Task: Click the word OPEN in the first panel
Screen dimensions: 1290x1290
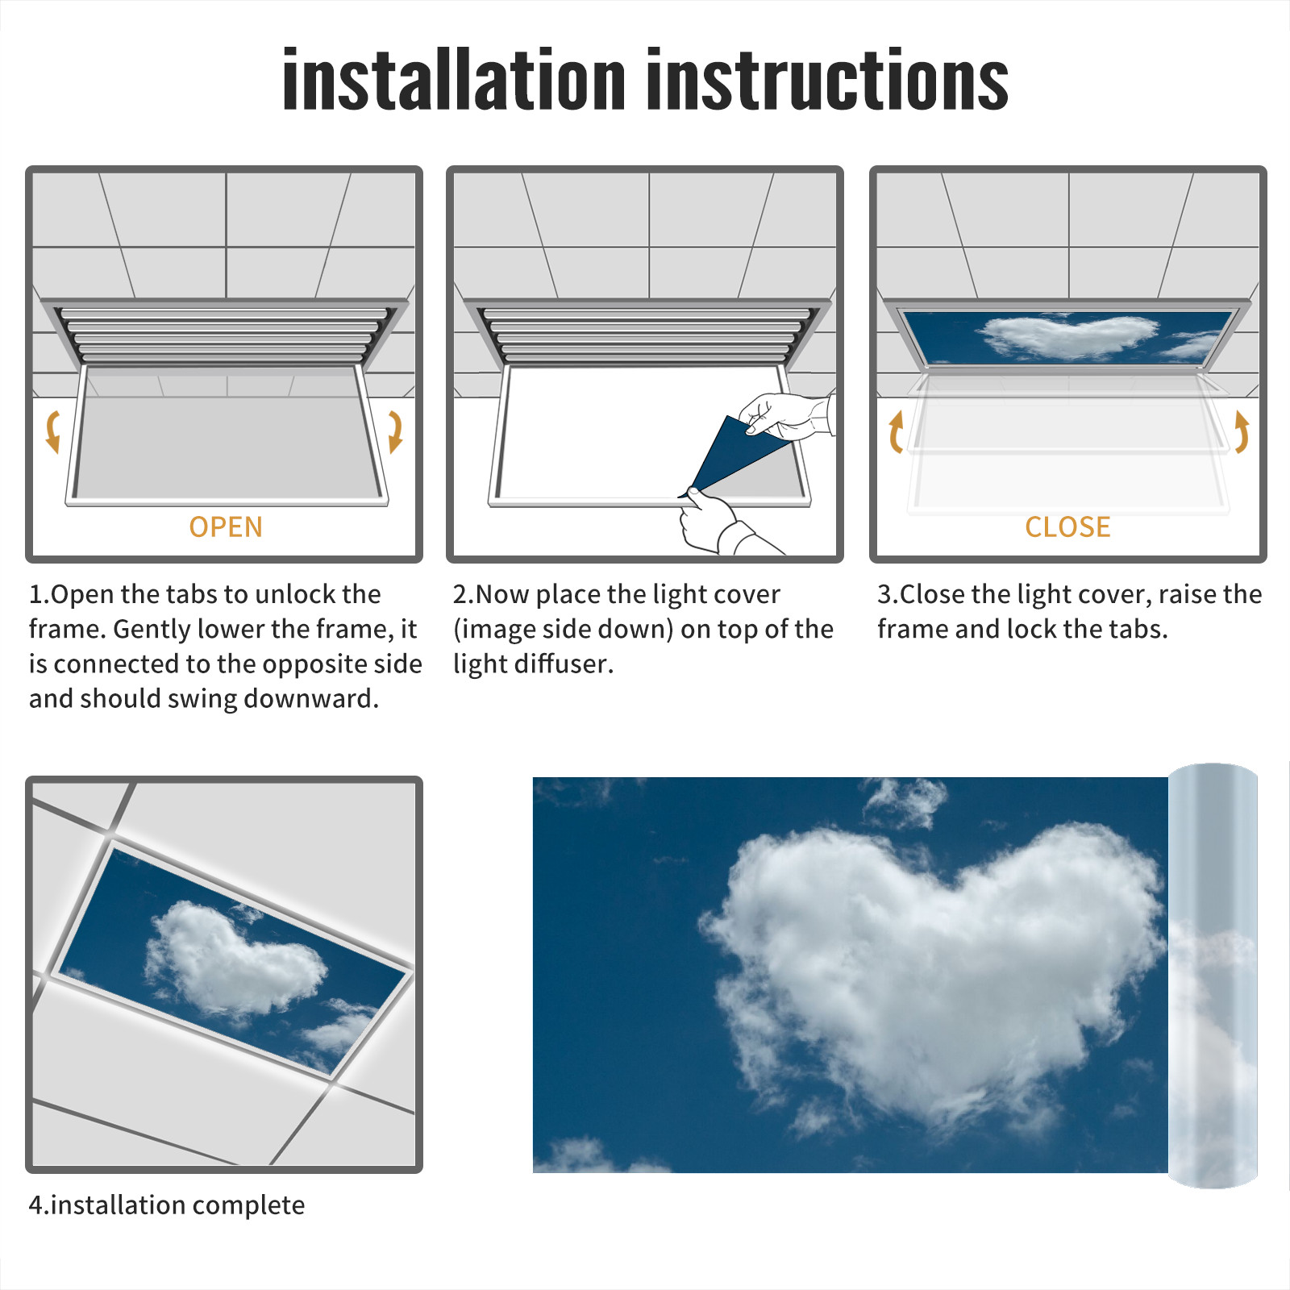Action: pos(226,527)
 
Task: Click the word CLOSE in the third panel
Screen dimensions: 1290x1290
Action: pos(1067,527)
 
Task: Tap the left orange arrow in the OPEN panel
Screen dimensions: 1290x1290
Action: pos(53,431)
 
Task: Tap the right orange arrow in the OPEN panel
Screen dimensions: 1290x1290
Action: pos(395,431)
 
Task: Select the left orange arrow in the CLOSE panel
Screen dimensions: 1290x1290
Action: pos(895,431)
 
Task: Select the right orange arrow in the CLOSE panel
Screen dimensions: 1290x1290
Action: pos(1242,431)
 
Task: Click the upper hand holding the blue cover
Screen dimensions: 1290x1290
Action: pos(786,415)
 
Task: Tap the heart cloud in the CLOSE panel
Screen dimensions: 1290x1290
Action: pos(1068,336)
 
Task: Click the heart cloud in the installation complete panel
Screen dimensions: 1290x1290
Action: pos(234,959)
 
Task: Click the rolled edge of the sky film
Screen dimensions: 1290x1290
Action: pos(1213,976)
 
